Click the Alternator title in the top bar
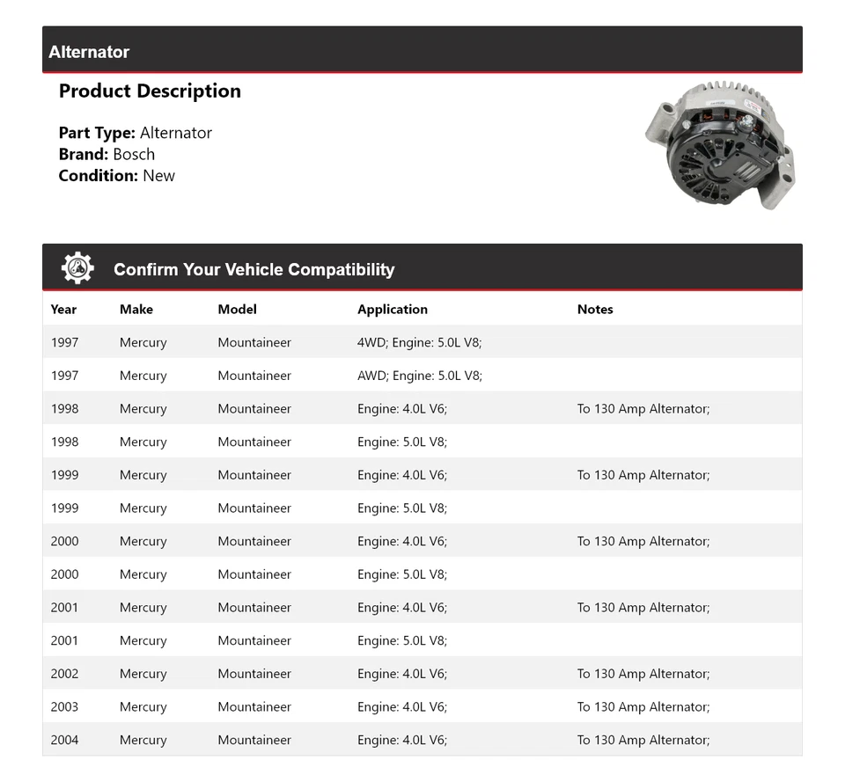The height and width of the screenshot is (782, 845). pyautogui.click(x=89, y=52)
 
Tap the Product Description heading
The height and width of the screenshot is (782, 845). pyautogui.click(x=150, y=91)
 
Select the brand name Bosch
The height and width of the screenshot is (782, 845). pyautogui.click(x=134, y=154)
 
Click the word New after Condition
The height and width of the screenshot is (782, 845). pyautogui.click(x=158, y=175)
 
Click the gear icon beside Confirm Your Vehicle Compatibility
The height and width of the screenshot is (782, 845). pyautogui.click(x=77, y=268)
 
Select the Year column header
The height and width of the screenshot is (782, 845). pyautogui.click(x=63, y=309)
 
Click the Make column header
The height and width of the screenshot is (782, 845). pyautogui.click(x=136, y=309)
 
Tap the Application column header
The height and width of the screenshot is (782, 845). pyautogui.click(x=393, y=309)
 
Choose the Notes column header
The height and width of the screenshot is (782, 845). pyautogui.click(x=595, y=309)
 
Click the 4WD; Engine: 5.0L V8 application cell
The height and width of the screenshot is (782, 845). pyautogui.click(x=419, y=342)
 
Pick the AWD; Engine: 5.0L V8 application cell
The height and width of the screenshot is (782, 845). pyautogui.click(x=419, y=376)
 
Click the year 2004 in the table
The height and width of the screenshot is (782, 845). pyautogui.click(x=64, y=740)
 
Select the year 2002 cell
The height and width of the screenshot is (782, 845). pyautogui.click(x=64, y=674)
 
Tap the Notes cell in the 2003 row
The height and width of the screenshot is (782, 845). pyautogui.click(x=643, y=706)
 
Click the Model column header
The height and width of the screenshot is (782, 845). pyautogui.click(x=238, y=309)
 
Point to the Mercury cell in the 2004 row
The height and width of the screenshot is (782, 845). pyautogui.click(x=143, y=740)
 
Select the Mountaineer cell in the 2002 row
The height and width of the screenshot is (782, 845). pyautogui.click(x=254, y=674)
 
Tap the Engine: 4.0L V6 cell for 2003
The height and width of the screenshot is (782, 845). pyautogui.click(x=402, y=706)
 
